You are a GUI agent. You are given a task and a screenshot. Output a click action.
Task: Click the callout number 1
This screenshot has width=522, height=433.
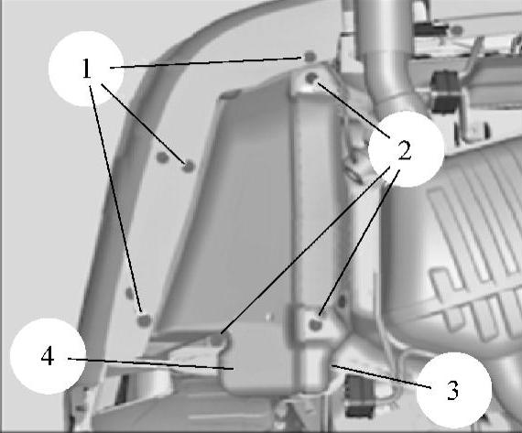[x=87, y=69]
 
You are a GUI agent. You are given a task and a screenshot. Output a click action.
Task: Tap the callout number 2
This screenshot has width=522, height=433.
[x=405, y=150]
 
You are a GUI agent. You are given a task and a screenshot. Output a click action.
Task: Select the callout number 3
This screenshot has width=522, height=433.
[x=452, y=390]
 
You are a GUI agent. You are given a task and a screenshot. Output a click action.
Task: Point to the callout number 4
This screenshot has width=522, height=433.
[x=48, y=356]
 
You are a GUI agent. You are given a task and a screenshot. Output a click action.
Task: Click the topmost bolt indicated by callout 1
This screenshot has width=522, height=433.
[x=310, y=56]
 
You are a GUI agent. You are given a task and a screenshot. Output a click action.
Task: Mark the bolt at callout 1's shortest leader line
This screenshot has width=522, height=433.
[x=189, y=166]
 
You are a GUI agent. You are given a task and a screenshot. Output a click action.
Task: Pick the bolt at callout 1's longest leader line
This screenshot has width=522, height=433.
[x=144, y=320]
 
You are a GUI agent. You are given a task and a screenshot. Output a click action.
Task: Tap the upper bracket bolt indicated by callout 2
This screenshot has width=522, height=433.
[x=311, y=79]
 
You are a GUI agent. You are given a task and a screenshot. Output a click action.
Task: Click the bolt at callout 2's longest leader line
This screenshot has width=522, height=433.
[x=217, y=340]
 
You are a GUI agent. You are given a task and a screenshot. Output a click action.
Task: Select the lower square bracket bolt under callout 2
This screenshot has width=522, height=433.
[x=315, y=323]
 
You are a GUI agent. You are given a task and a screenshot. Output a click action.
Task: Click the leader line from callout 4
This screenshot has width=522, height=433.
[x=150, y=363]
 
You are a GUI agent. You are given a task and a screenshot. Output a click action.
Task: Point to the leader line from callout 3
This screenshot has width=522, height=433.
[x=381, y=376]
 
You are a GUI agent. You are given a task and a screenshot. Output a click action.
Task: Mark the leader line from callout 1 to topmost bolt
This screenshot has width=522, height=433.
[x=205, y=62]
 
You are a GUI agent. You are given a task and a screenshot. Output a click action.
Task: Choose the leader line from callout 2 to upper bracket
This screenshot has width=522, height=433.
[x=353, y=110]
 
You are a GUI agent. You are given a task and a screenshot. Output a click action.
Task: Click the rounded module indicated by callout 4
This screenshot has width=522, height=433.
[x=256, y=360]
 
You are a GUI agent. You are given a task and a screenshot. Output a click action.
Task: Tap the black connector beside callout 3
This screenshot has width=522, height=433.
[x=359, y=396]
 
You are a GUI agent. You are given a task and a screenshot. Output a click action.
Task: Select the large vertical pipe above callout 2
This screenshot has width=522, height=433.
[x=386, y=53]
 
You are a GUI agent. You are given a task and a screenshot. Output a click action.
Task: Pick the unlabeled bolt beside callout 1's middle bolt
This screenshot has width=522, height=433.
[x=162, y=157]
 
